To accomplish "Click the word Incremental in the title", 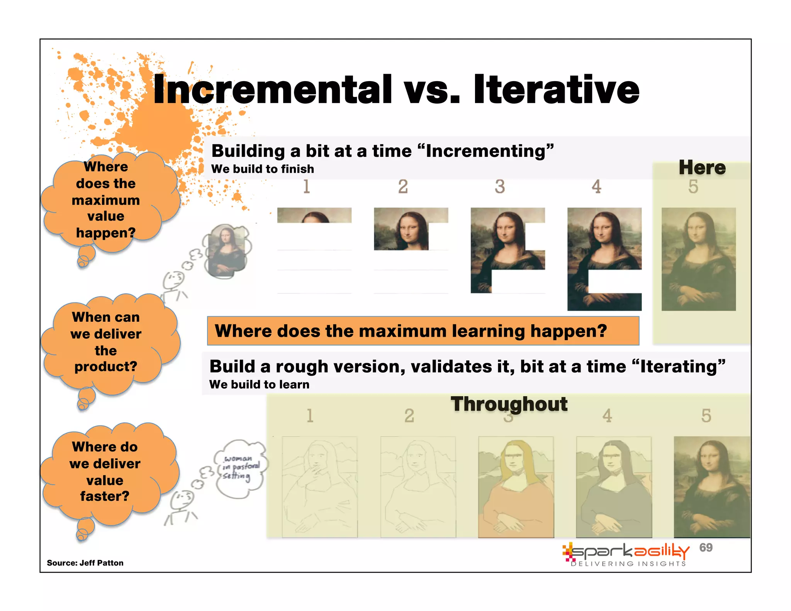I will pyautogui.click(x=272, y=90).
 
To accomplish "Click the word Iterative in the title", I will pyautogui.click(x=556, y=90).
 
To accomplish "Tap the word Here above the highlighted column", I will pyautogui.click(x=702, y=168).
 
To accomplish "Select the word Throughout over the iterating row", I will pyautogui.click(x=509, y=404).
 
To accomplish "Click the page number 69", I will pyautogui.click(x=706, y=547).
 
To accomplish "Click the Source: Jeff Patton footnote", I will pyautogui.click(x=85, y=563).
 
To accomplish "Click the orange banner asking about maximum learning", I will pyautogui.click(x=423, y=331).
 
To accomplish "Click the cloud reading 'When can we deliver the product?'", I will pyautogui.click(x=106, y=342).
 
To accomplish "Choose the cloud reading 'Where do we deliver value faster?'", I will pyautogui.click(x=105, y=471).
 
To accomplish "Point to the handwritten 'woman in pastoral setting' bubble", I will pyautogui.click(x=240, y=468).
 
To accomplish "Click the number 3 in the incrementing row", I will pyautogui.click(x=499, y=187).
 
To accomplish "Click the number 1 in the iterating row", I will pyautogui.click(x=309, y=416).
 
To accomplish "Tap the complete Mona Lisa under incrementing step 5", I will pyautogui.click(x=698, y=259).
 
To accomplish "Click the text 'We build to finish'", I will pyautogui.click(x=262, y=169).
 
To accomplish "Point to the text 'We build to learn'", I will pyautogui.click(x=259, y=384).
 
